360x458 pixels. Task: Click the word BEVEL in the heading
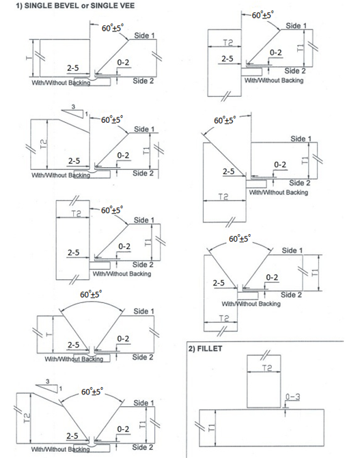(x=68, y=5)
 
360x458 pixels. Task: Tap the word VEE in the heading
(x=127, y=5)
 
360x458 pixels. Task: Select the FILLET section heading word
(x=210, y=349)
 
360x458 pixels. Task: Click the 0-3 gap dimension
(x=293, y=397)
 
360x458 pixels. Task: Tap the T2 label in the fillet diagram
(x=267, y=367)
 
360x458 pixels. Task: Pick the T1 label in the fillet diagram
(x=210, y=427)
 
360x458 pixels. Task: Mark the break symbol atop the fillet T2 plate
(x=265, y=355)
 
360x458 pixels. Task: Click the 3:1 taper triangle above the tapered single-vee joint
(x=49, y=386)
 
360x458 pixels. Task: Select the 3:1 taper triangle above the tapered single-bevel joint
(x=74, y=112)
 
